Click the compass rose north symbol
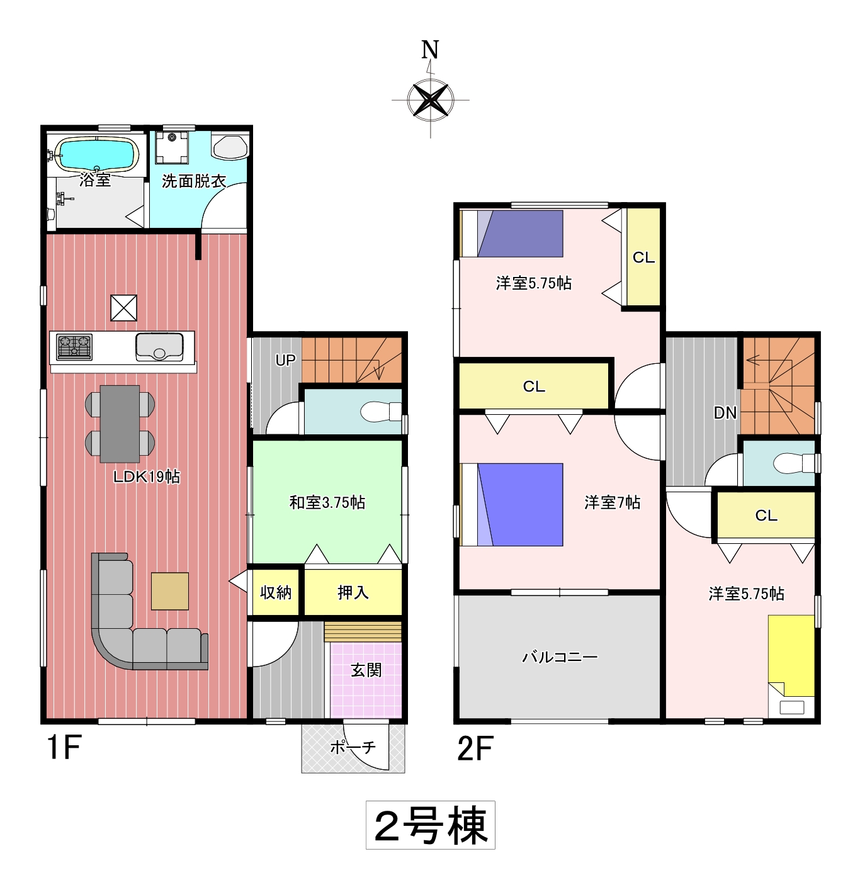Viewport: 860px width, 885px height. [430, 99]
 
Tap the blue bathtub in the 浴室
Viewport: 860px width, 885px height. [97, 155]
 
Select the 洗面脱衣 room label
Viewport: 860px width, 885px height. [194, 181]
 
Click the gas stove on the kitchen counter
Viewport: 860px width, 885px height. [74, 347]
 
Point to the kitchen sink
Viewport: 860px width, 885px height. [159, 347]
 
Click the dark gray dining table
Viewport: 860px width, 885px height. [120, 424]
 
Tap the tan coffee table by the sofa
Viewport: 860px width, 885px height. [169, 591]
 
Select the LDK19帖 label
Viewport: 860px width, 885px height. [147, 476]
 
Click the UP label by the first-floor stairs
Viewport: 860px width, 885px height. [286, 360]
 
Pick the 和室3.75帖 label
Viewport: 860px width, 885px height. [327, 502]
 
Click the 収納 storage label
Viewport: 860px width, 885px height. [276, 592]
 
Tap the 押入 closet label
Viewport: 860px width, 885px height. [353, 592]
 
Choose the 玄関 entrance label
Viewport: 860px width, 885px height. [366, 670]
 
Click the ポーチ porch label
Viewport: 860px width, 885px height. [353, 747]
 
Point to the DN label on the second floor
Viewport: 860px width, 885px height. [725, 413]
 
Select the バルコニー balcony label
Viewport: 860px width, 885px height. [560, 657]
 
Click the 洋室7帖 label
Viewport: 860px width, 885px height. [612, 502]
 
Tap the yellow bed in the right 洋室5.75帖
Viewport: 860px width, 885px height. [791, 656]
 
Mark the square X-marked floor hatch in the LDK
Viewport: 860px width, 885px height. [123, 308]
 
